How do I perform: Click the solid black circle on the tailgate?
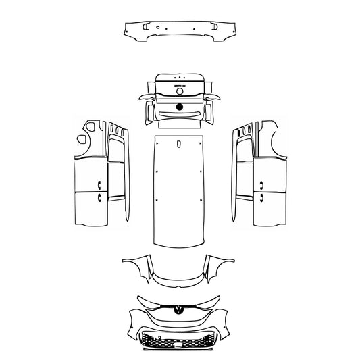(x=180, y=107)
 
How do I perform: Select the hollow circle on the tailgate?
(x=180, y=93)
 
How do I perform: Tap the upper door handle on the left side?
(x=99, y=182)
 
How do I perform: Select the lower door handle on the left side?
(x=99, y=197)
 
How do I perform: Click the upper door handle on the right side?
(x=261, y=182)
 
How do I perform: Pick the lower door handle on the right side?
(x=261, y=197)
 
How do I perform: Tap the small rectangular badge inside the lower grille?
(x=180, y=344)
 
